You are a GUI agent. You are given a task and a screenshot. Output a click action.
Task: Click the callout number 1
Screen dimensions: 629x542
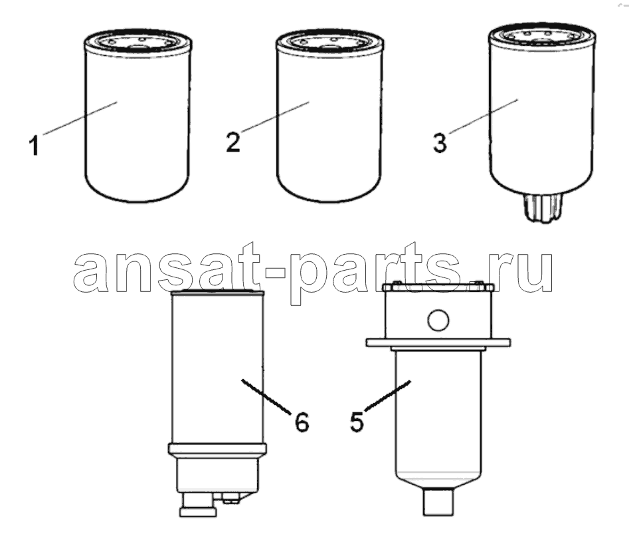(34, 146)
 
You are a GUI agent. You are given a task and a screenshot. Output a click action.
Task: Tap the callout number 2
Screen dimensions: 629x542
(233, 142)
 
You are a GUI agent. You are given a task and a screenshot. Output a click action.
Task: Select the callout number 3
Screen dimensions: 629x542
(440, 143)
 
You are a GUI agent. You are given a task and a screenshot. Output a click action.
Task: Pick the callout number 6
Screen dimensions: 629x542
(302, 422)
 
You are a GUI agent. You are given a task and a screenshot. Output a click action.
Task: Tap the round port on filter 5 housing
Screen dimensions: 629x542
(438, 321)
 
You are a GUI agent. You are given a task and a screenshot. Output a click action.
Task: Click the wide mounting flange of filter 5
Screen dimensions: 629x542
(438, 342)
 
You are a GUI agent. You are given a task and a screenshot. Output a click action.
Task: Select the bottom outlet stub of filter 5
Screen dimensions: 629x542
(438, 501)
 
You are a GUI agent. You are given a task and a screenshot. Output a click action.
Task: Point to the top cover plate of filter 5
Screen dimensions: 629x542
(438, 287)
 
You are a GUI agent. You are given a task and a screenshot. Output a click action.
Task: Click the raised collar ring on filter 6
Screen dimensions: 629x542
(217, 449)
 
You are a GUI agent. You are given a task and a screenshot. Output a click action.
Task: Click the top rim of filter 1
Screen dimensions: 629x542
(137, 41)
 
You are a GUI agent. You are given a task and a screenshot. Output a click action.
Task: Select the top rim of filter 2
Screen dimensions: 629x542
(329, 41)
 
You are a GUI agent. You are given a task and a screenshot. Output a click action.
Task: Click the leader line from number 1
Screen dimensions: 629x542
(80, 118)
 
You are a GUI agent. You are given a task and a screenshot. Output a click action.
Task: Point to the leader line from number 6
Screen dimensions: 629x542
(266, 396)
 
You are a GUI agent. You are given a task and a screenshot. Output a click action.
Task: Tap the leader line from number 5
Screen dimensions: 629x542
(387, 395)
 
